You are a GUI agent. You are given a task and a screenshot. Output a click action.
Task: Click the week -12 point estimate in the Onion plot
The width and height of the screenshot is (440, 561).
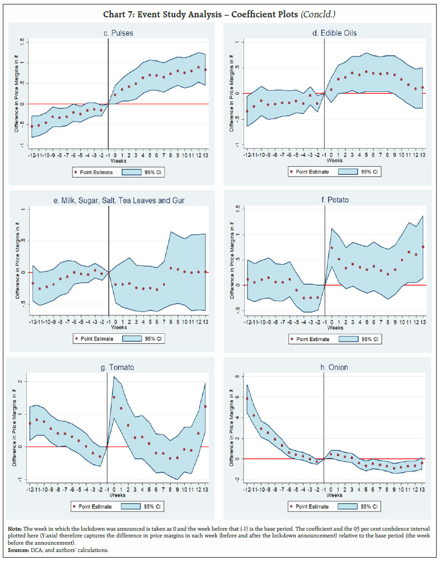pos(247,399)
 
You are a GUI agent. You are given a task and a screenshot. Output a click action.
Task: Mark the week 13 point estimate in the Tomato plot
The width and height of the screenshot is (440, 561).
pos(206,406)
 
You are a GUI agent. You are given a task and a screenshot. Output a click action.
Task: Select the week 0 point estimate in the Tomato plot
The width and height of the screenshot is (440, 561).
pos(114,398)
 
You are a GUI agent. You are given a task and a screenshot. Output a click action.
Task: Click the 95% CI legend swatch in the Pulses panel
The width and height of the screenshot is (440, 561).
pos(139,172)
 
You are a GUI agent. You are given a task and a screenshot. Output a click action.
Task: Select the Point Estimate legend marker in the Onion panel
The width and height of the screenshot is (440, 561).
pos(291,506)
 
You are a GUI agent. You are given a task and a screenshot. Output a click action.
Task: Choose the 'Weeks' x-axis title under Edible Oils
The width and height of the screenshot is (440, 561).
pos(334,161)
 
